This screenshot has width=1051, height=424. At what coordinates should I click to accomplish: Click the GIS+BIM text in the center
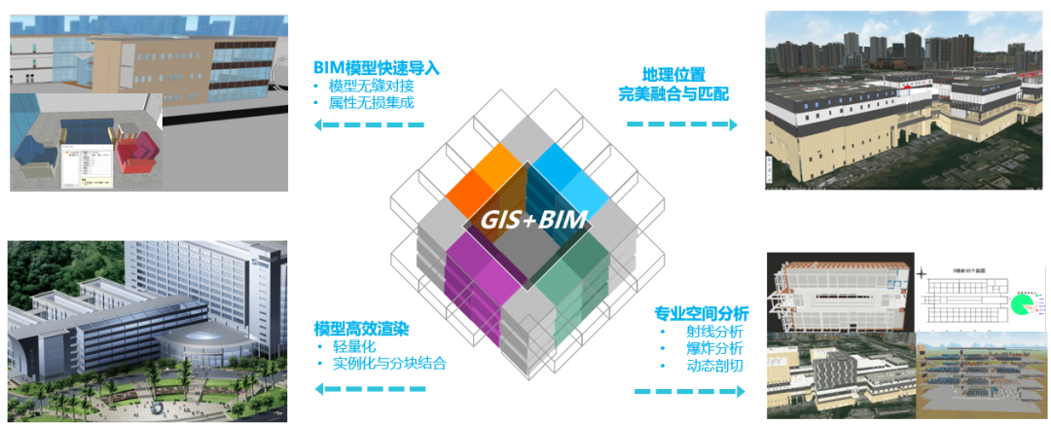[x=534, y=219]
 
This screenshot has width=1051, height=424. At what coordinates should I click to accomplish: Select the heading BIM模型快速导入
[x=377, y=68]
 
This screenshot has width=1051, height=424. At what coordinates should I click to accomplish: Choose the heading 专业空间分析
[x=701, y=313]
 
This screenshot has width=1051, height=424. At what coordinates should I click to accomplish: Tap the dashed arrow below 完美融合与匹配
[x=681, y=124]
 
